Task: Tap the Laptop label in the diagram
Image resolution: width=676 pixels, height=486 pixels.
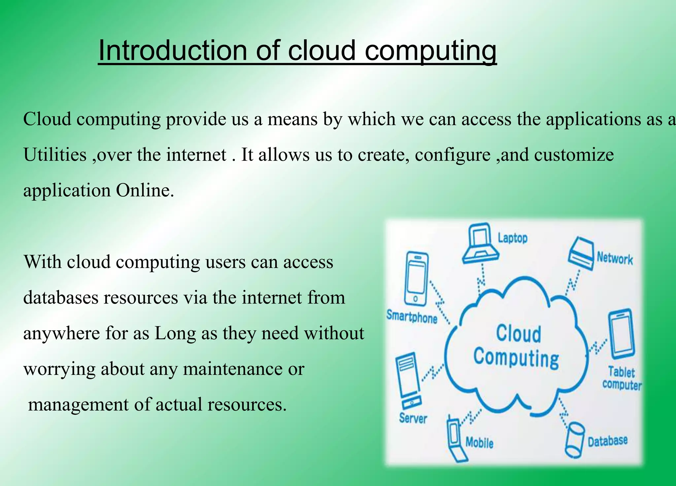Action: coord(512,238)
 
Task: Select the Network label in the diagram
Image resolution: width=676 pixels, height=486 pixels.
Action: coord(615,258)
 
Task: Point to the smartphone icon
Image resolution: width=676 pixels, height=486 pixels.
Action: coord(417,279)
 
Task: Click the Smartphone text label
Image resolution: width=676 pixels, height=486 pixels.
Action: coord(412,316)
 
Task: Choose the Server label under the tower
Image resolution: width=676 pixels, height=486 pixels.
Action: coord(413,418)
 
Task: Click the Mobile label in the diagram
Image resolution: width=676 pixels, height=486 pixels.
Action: coord(479,442)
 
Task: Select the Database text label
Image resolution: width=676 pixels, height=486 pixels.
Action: coord(607,441)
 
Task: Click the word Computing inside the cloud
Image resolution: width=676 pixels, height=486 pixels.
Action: coord(516,358)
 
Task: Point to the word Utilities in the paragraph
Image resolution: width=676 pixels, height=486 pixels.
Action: coord(55,154)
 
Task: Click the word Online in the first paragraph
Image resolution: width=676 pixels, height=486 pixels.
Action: coord(145,190)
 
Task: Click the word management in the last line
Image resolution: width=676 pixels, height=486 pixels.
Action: coord(78,405)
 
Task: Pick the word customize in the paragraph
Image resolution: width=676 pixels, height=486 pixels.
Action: coord(574,154)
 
